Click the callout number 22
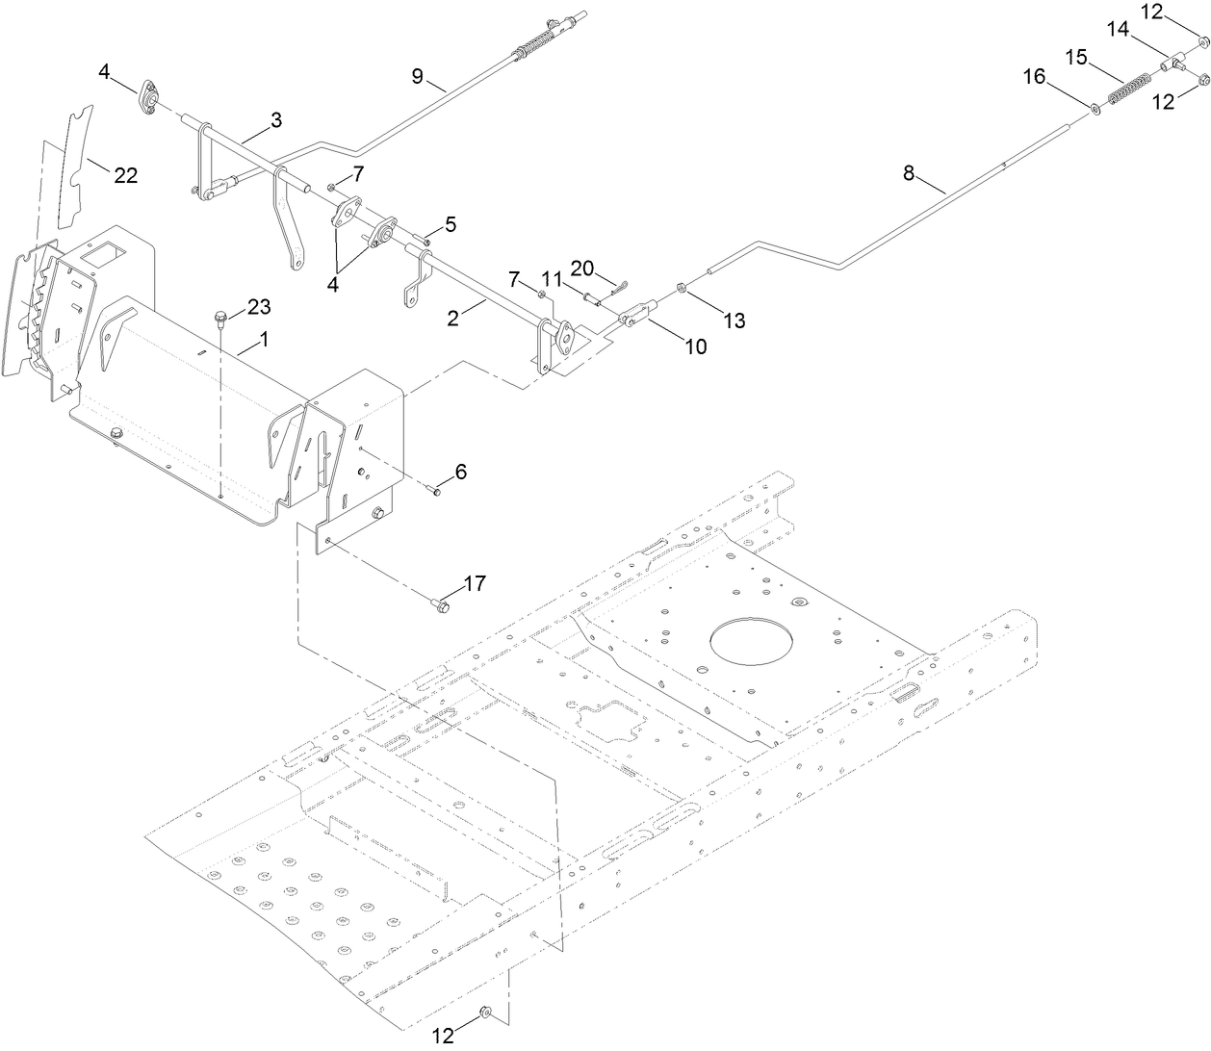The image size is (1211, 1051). pos(126,175)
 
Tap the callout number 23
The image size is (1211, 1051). pos(258,307)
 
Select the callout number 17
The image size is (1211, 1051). pos(475,583)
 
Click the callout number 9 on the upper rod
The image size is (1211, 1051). pos(418,77)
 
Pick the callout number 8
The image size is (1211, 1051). pos(909,174)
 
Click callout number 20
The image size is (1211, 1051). pos(583,267)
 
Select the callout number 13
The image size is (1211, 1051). pos(734,321)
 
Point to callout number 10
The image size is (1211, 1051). pos(695,346)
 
